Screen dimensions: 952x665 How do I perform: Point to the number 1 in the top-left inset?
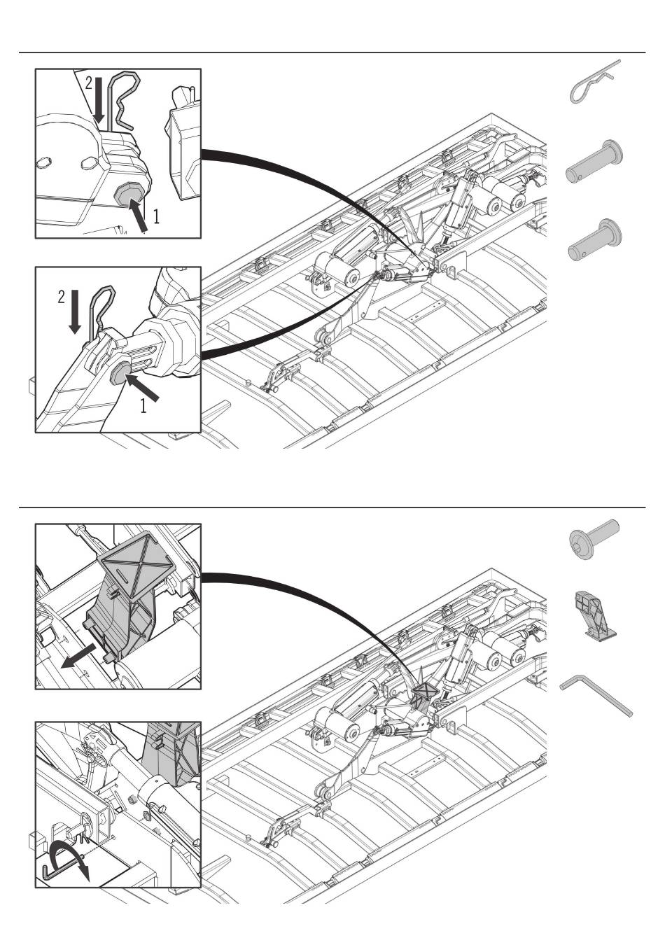point(155,217)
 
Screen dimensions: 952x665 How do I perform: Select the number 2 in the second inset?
point(62,297)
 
